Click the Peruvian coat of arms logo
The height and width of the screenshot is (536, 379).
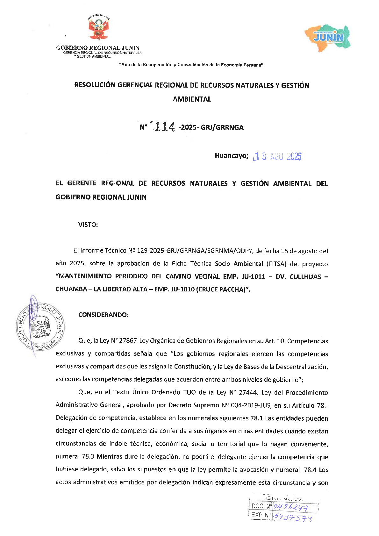click(99, 28)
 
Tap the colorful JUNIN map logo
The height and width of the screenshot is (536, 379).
click(328, 38)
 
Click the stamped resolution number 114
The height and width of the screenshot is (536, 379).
click(164, 127)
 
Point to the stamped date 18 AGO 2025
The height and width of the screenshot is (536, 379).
click(277, 157)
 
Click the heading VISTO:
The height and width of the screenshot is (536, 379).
click(88, 225)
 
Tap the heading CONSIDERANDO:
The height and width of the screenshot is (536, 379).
click(104, 315)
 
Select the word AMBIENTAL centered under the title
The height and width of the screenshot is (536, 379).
click(192, 99)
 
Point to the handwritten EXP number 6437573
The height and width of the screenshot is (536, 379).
click(293, 518)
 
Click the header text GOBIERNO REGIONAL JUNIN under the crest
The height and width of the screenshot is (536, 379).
click(98, 48)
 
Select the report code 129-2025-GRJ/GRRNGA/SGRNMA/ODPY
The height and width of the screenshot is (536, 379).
click(195, 251)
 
